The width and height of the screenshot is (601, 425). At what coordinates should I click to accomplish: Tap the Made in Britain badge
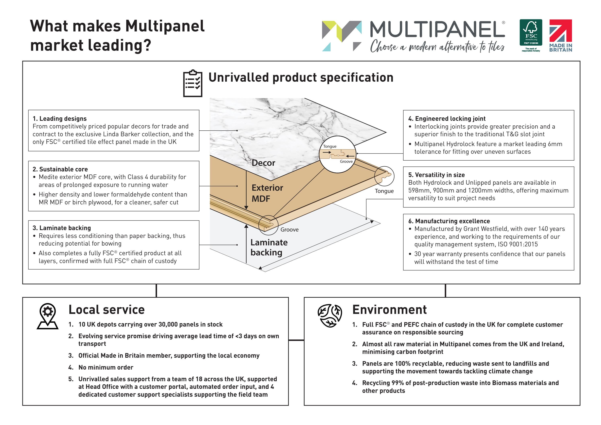click(560, 35)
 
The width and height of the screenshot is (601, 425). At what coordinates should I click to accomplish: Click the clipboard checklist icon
click(193, 83)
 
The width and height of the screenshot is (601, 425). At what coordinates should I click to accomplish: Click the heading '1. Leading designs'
click(59, 119)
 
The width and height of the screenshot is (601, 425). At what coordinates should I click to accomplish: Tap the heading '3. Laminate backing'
click(62, 228)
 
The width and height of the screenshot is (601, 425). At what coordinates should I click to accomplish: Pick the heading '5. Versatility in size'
click(436, 175)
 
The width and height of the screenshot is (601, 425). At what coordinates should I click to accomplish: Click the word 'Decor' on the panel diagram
click(263, 163)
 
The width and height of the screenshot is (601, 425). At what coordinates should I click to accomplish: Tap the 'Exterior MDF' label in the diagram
click(267, 193)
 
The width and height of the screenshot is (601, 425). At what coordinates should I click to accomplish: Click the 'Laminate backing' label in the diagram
click(269, 247)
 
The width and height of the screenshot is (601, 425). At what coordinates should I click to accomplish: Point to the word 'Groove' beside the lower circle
click(289, 229)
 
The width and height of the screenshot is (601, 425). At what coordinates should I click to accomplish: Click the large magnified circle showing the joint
click(338, 154)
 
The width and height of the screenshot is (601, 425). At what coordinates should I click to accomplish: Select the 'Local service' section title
click(107, 310)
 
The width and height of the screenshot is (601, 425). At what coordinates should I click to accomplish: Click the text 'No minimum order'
click(106, 367)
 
